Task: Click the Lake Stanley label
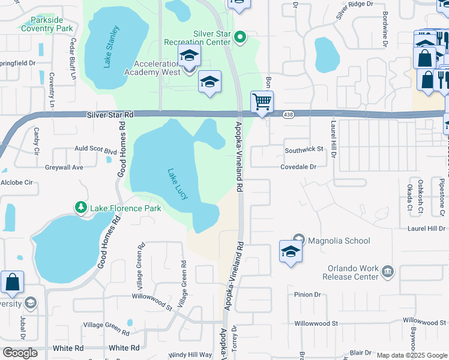click(112, 47)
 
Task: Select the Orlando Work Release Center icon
click(388, 272)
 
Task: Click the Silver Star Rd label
click(110, 114)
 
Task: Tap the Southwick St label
click(304, 149)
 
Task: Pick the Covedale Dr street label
click(298, 167)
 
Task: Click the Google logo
click(20, 352)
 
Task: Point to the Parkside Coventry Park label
click(47, 24)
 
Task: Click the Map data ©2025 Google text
click(411, 355)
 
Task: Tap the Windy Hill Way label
click(190, 355)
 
